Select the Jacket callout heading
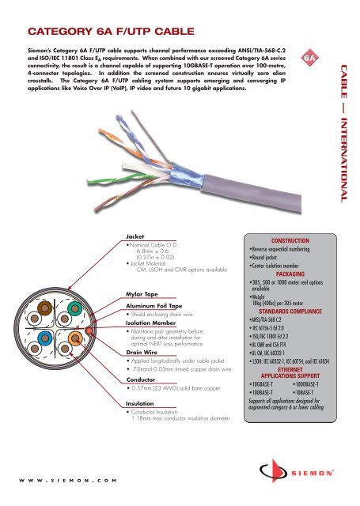tap(138, 236)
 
